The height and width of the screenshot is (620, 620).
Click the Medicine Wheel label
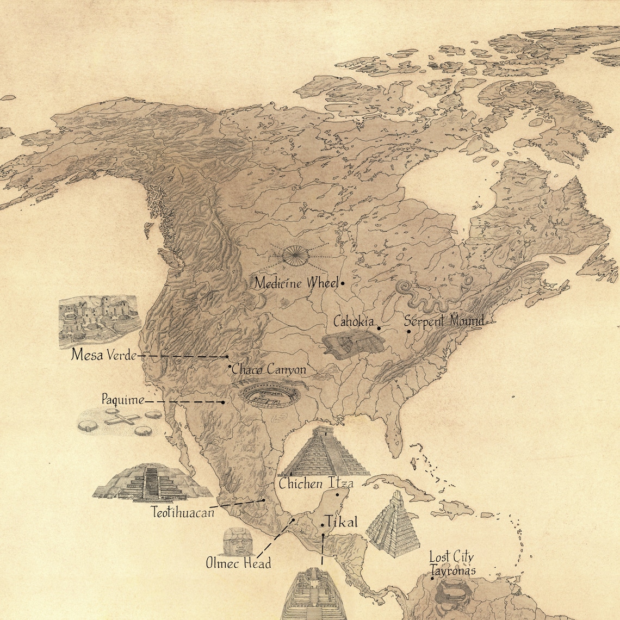point(296,283)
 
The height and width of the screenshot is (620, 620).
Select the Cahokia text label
point(354,321)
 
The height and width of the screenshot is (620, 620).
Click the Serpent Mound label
point(444,321)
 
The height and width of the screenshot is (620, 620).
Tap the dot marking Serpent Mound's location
point(409,331)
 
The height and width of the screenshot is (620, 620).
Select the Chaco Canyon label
point(269,370)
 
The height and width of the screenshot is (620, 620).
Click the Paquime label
point(123,400)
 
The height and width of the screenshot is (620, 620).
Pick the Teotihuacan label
point(183,512)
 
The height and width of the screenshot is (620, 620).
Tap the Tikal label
point(343,523)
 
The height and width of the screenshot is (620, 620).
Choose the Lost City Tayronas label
point(452,563)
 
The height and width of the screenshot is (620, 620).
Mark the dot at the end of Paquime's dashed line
point(223,402)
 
